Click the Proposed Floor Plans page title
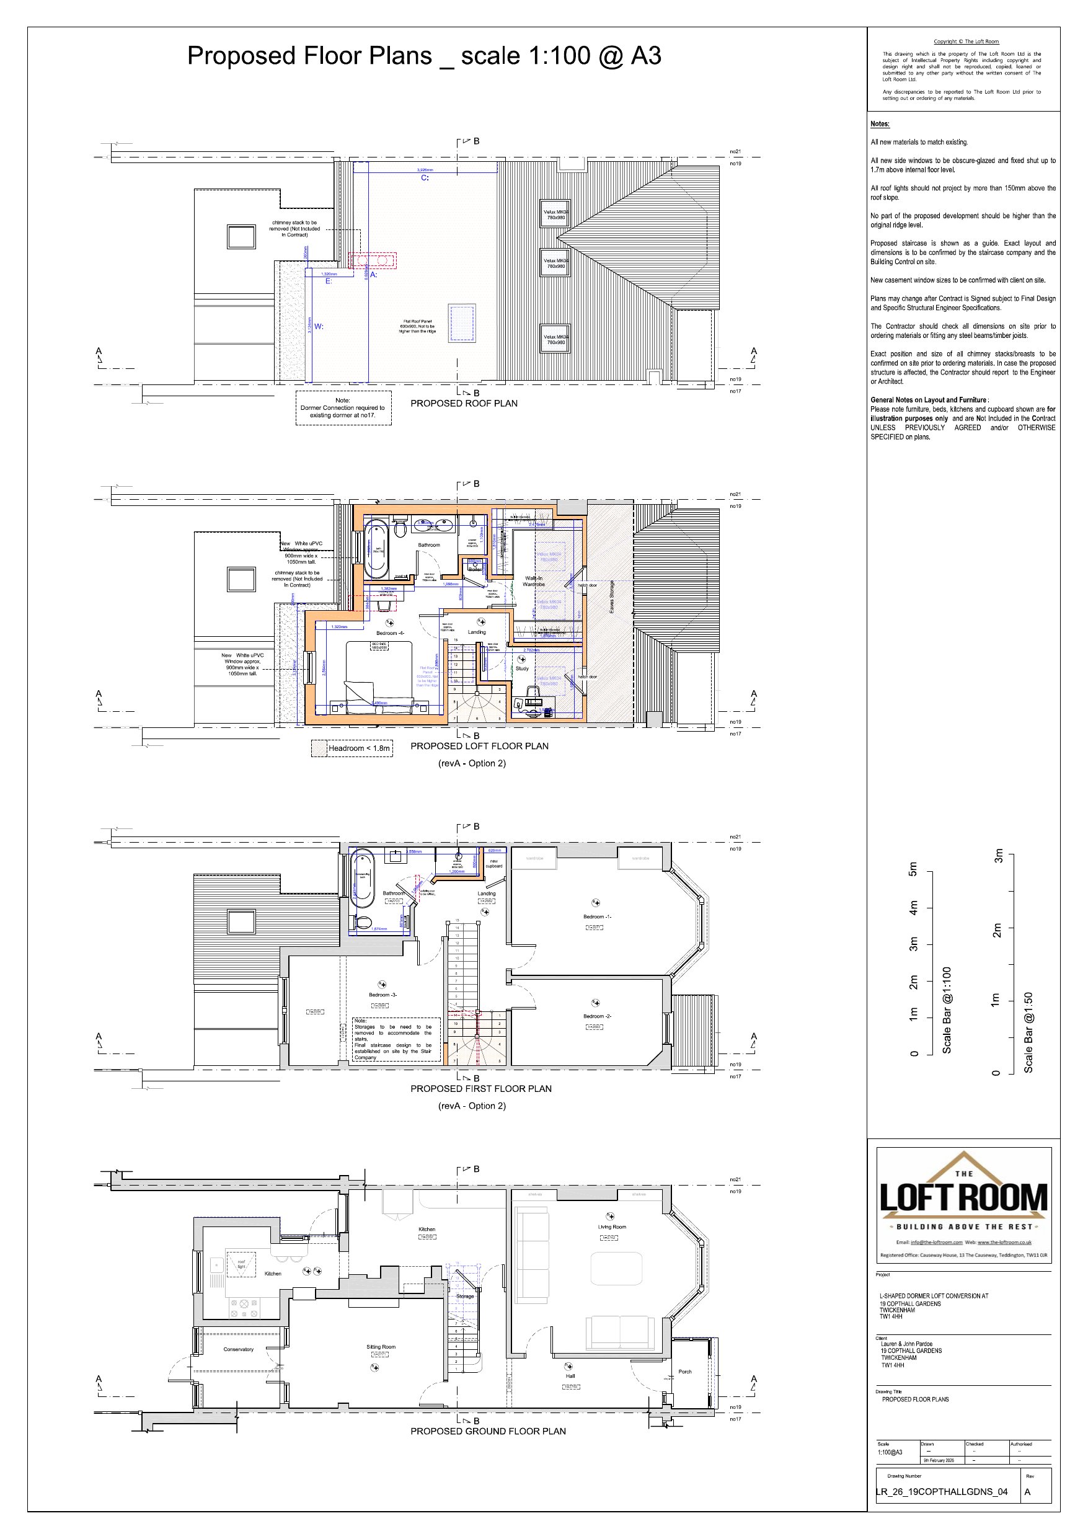coord(423,56)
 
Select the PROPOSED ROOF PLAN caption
coord(464,404)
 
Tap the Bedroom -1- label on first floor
coord(596,916)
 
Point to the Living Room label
coord(611,1226)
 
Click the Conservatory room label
coord(238,1349)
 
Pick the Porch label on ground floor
coord(684,1372)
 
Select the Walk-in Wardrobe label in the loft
coord(534,581)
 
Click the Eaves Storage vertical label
coord(611,597)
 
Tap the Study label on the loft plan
coord(522,668)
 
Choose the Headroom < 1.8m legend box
coord(352,748)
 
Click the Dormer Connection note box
coord(343,407)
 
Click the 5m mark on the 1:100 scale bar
coord(913,869)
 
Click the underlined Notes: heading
coord(880,124)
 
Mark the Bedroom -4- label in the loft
coord(389,632)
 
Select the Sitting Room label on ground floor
coord(381,1347)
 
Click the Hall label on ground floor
coord(570,1375)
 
